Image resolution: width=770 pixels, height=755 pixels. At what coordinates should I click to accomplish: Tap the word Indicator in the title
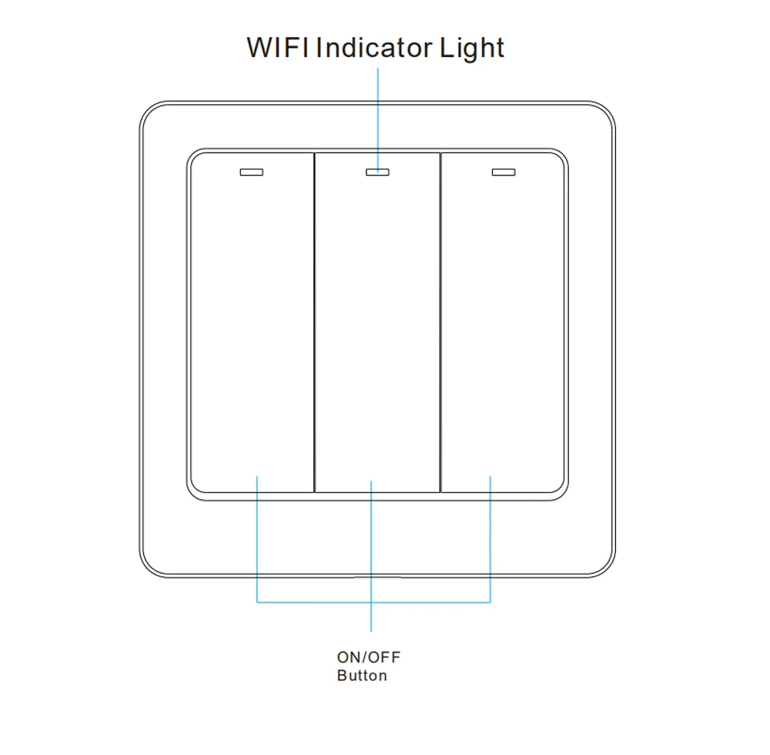click(x=374, y=47)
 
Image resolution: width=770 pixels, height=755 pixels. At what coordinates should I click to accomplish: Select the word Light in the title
click(x=472, y=49)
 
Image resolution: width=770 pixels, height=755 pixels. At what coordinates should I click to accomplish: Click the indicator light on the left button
click(x=251, y=172)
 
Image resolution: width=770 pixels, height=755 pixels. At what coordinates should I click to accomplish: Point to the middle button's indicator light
click(x=377, y=172)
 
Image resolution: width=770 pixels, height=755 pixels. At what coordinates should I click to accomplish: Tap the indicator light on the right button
click(x=503, y=172)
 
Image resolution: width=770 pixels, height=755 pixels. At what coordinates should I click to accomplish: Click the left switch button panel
click(x=252, y=324)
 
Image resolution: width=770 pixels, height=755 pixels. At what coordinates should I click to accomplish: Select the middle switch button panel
click(x=377, y=324)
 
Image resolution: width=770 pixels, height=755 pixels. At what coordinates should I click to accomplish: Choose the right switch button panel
click(x=503, y=324)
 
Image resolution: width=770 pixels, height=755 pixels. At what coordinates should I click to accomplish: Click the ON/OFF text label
click(x=369, y=657)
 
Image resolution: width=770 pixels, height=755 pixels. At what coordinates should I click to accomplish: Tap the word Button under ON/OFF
click(x=362, y=676)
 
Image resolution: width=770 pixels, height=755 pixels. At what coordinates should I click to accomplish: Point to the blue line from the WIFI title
click(x=377, y=116)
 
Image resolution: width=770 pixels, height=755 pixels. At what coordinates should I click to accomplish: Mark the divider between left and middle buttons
click(x=314, y=324)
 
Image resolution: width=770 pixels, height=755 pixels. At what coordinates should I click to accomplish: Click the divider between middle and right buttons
click(x=440, y=324)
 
